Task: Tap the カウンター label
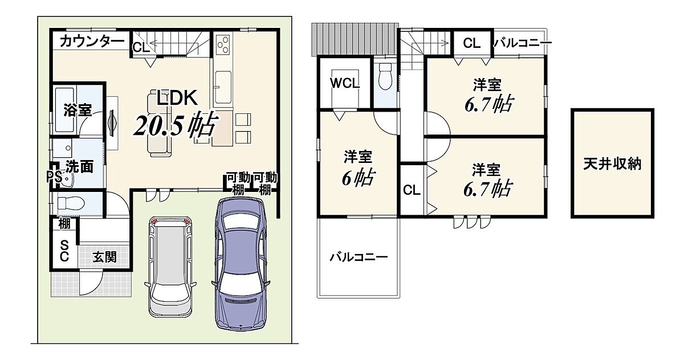pyautogui.click(x=92, y=42)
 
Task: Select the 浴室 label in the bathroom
pyautogui.click(x=78, y=110)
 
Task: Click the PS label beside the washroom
pyautogui.click(x=54, y=177)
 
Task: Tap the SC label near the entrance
pyautogui.click(x=64, y=251)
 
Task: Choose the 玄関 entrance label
pyautogui.click(x=104, y=257)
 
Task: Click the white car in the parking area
pyautogui.click(x=170, y=267)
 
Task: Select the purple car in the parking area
pyautogui.click(x=240, y=263)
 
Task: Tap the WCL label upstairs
pyautogui.click(x=345, y=83)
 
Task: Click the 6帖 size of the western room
pyautogui.click(x=358, y=177)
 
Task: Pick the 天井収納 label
pyautogui.click(x=612, y=164)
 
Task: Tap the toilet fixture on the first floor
pyautogui.click(x=71, y=203)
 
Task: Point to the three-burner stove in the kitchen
pyautogui.click(x=223, y=44)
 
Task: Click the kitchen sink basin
pyautogui.click(x=223, y=87)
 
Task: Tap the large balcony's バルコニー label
pyautogui.click(x=359, y=257)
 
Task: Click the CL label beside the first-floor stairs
pyautogui.click(x=141, y=47)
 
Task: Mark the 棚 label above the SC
pyautogui.click(x=64, y=224)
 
